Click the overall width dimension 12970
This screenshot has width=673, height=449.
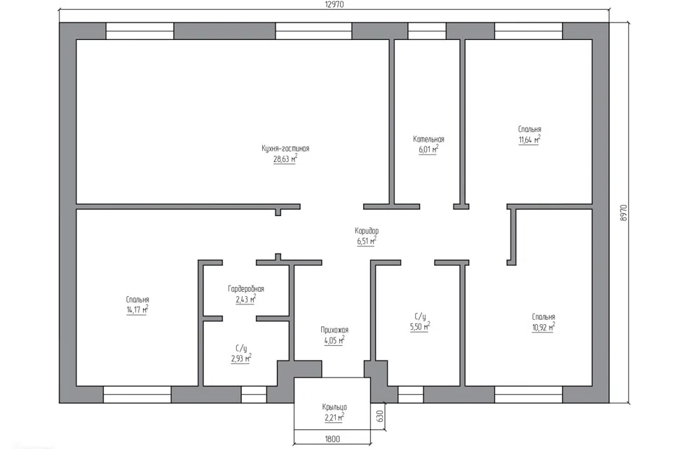[x=334, y=5]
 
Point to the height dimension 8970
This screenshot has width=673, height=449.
[x=624, y=213]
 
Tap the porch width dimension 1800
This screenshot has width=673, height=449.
[x=332, y=438]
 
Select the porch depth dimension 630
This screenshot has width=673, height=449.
[x=379, y=416]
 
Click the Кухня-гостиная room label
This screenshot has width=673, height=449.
[x=285, y=149]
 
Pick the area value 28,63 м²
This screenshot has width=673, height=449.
[x=285, y=159]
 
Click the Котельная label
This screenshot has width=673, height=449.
[x=428, y=139]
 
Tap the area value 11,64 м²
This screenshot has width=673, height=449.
[x=529, y=140]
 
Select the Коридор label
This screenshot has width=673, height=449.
[x=367, y=231]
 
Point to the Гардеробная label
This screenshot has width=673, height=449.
[x=246, y=289]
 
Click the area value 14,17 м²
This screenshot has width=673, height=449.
[x=137, y=310]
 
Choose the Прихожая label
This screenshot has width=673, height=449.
[x=334, y=330]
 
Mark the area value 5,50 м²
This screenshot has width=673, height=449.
[x=420, y=327]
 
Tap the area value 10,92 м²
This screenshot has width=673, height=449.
[x=543, y=328]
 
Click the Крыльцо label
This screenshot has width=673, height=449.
[x=334, y=407]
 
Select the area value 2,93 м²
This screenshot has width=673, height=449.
[x=240, y=358]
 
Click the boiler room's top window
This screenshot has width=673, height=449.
[x=427, y=32]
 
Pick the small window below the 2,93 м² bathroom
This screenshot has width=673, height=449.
[x=254, y=394]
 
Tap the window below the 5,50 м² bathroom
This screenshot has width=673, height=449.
[x=410, y=394]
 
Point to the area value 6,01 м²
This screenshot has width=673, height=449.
[x=428, y=150]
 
